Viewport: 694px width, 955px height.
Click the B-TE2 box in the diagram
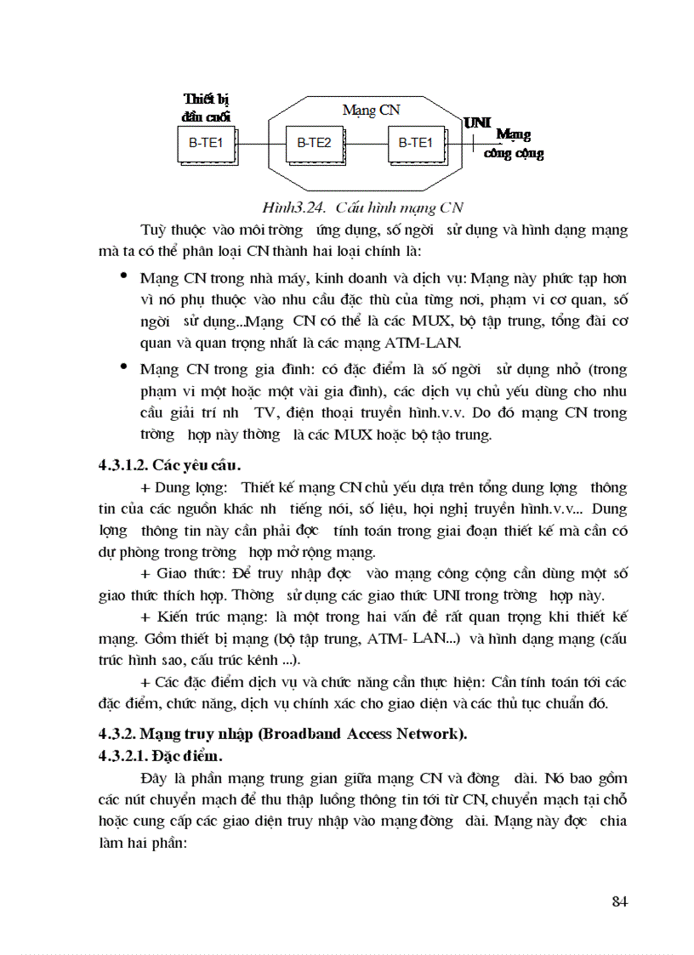coord(314,144)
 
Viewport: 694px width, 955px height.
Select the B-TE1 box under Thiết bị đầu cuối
coord(205,144)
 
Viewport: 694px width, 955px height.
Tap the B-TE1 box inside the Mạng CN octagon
coord(415,144)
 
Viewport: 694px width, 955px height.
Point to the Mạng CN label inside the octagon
coord(371,111)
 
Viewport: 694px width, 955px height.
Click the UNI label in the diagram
coord(477,123)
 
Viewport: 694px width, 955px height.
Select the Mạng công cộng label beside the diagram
coord(514,145)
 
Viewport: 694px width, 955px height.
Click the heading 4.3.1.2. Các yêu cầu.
coord(170,465)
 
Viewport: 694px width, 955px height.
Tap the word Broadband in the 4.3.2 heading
coord(290,734)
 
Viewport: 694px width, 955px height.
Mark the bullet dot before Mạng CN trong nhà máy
coord(125,276)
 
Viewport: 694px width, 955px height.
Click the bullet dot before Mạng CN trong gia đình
coord(125,367)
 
